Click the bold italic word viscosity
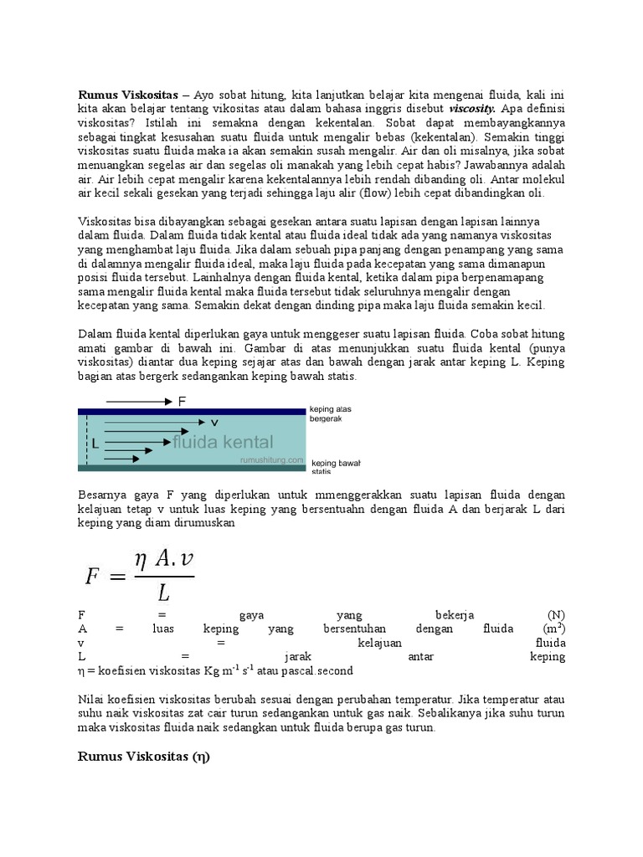472,108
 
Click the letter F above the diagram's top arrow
183,401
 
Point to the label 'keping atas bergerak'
330,413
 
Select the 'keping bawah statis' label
335,466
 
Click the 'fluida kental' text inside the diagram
223,442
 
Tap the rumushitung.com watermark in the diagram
272,459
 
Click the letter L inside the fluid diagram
95,444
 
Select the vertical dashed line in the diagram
85,439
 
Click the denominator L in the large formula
163,593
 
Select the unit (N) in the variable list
556,614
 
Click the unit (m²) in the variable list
553,629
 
